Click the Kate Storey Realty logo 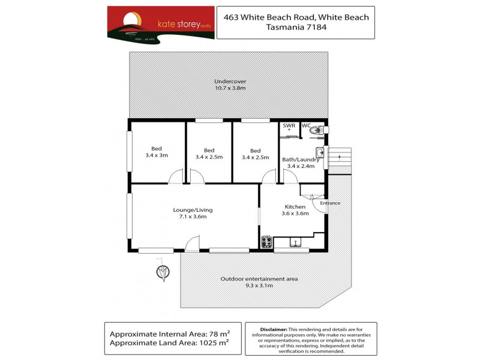[x=160, y=23]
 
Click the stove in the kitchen [x=266, y=242]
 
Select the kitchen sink [x=295, y=242]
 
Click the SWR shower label [x=289, y=125]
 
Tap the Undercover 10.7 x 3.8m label [x=230, y=85]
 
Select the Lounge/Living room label [x=193, y=213]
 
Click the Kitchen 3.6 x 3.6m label [x=295, y=210]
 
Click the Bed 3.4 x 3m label [x=156, y=152]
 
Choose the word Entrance [x=329, y=203]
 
